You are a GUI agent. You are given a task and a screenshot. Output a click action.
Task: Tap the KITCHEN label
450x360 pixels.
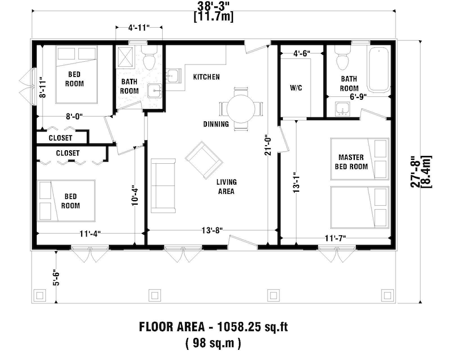click(x=206, y=77)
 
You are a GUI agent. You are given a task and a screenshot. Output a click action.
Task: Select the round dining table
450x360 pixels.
click(x=241, y=108)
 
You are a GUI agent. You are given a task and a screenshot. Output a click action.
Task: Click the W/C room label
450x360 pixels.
click(x=296, y=88)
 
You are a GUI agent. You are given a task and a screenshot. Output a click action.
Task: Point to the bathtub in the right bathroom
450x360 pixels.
click(x=378, y=70)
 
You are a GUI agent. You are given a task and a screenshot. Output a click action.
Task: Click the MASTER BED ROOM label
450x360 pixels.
click(x=353, y=162)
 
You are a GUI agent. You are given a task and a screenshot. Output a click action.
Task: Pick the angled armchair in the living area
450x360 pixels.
click(x=203, y=159)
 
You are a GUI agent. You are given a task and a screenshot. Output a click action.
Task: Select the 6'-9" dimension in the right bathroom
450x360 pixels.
click(x=358, y=98)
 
